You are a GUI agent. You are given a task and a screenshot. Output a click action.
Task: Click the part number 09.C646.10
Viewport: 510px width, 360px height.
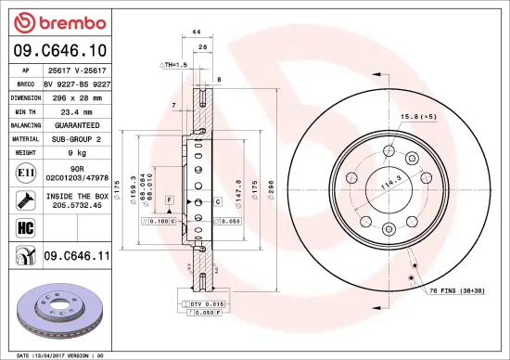pyautogui.click(x=59, y=50)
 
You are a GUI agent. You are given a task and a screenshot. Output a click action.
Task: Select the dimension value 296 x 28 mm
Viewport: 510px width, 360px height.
pyautogui.click(x=76, y=96)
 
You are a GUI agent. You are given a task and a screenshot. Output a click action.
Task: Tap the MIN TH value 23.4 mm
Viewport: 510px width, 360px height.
pyautogui.click(x=76, y=110)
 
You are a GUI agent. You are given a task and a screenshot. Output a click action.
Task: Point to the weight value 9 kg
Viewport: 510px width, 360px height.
pyautogui.click(x=76, y=151)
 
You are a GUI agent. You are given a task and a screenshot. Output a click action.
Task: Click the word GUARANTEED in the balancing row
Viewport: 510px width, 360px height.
pyautogui.click(x=76, y=124)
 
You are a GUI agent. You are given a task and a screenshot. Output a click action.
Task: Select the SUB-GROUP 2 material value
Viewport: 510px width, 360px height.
pyautogui.click(x=76, y=137)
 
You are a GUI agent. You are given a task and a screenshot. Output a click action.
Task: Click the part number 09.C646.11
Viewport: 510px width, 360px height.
pyautogui.click(x=76, y=254)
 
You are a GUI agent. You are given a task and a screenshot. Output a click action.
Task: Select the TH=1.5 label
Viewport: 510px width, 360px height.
pyautogui.click(x=173, y=65)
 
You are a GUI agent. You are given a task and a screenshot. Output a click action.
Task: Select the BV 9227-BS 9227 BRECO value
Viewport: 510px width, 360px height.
pyautogui.click(x=76, y=83)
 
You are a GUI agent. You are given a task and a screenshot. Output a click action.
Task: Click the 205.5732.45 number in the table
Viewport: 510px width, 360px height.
pyautogui.click(x=76, y=206)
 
